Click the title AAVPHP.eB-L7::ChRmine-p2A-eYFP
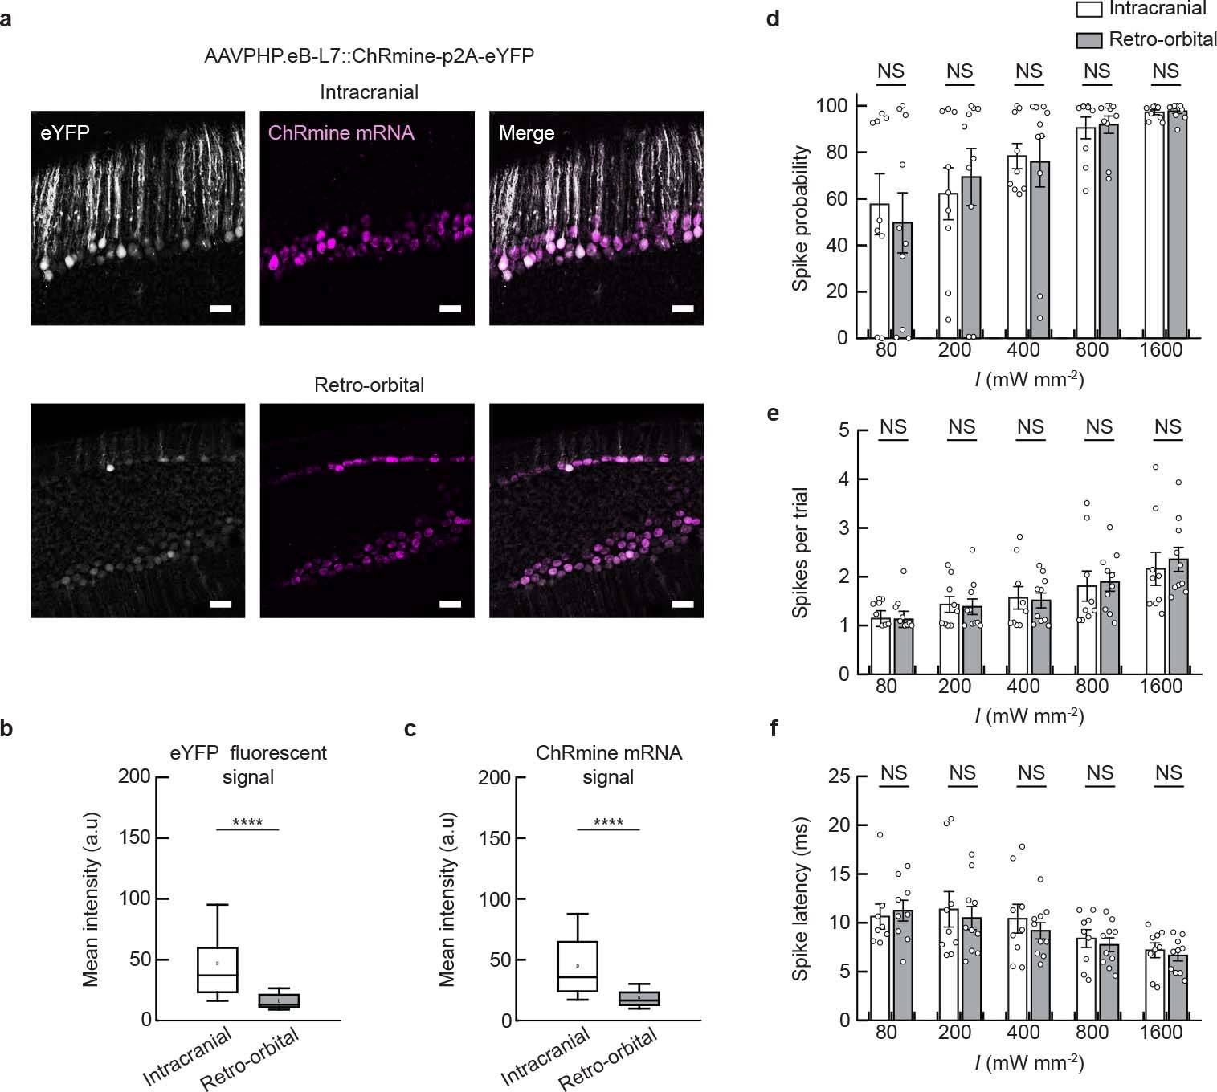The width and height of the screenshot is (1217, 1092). pos(369,56)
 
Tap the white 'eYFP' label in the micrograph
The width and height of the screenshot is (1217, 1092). pos(65,132)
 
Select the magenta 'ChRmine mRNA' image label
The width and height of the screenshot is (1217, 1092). pos(341,132)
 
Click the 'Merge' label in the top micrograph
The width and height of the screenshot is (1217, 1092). pos(526,133)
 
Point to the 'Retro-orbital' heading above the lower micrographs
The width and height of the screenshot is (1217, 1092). pos(369,385)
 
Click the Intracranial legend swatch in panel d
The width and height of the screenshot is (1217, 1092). pos(1088,10)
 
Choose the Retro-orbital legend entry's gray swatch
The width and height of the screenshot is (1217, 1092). pos(1088,40)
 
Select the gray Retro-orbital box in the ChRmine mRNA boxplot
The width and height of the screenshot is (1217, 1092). pos(639,998)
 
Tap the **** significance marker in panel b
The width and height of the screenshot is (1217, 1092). pos(247,822)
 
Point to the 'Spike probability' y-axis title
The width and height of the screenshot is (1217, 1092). pos(800,218)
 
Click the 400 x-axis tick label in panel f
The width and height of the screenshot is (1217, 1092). pos(1023,1033)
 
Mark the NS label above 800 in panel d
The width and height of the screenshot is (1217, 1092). pos(1097,71)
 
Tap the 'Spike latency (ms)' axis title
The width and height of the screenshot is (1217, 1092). pos(800,899)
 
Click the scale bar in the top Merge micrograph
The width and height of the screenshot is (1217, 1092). pos(682,308)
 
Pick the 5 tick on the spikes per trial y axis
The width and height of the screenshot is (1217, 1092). pos(843,430)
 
